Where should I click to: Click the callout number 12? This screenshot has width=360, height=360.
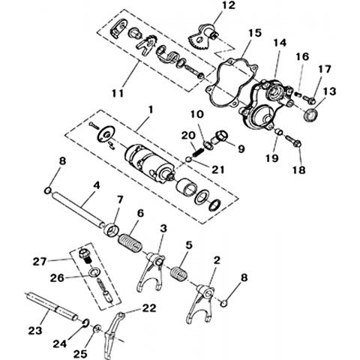coord(229,5)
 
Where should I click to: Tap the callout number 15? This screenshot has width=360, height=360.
coord(255,33)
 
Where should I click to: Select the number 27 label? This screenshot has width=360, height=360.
coord(40,262)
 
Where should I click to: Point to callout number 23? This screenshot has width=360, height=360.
coord(35,331)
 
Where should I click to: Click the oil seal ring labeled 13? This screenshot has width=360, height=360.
coord(310,115)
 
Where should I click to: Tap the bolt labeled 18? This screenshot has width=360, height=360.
coord(294,141)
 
